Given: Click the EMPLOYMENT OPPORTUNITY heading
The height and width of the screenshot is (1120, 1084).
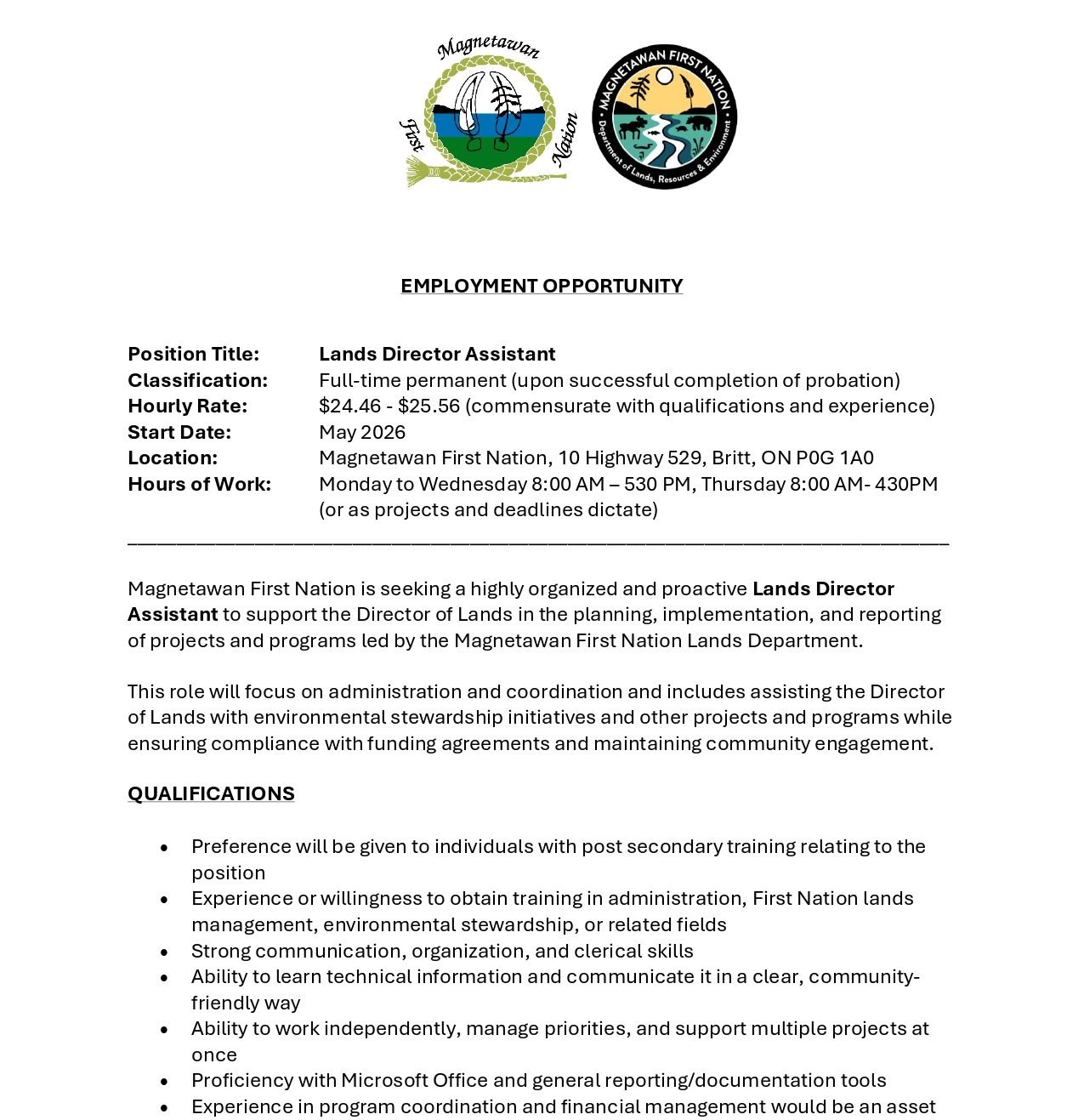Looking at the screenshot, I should [542, 286].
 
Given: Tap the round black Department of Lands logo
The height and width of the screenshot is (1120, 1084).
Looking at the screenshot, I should [664, 117].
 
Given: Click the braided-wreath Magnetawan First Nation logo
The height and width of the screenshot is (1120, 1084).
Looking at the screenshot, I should [489, 112].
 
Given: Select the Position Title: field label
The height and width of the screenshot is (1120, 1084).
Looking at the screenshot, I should [193, 354].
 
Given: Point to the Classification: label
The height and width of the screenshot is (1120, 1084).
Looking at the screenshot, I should [197, 380].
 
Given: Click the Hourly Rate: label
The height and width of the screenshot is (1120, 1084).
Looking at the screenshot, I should [187, 406].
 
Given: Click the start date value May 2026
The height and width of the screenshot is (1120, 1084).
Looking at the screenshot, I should [362, 432].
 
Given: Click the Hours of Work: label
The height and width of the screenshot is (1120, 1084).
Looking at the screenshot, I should [199, 484].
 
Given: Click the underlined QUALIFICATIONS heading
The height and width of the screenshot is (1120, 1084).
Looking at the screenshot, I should [211, 793].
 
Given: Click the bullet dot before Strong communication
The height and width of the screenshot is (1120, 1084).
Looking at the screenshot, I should [164, 952].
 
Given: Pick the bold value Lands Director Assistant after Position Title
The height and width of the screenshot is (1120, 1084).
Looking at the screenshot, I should [437, 354].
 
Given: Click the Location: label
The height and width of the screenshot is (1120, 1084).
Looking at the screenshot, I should [173, 458].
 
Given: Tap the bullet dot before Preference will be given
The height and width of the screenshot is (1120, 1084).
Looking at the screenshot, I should [164, 847].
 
